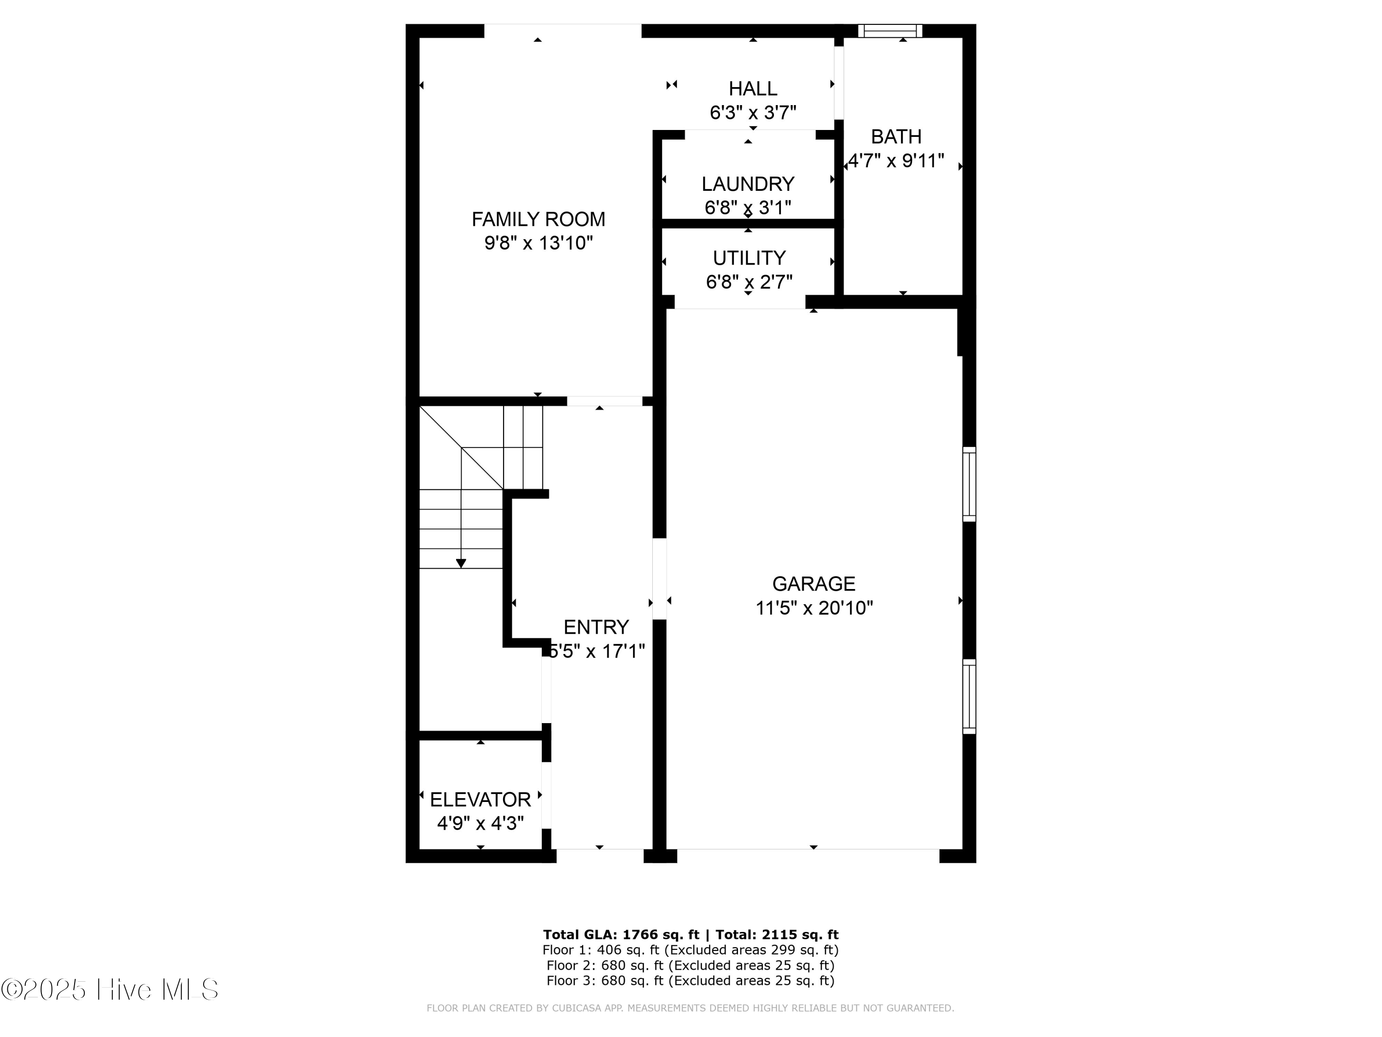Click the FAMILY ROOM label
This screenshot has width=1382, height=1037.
point(538,219)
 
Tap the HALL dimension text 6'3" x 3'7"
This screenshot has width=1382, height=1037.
point(752,113)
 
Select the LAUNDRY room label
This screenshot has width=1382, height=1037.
point(747,184)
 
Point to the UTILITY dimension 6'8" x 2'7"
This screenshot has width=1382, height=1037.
point(749,283)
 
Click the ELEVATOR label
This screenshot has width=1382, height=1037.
point(480,800)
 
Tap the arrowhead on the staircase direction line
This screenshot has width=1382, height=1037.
point(461,564)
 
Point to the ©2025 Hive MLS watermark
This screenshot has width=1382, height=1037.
point(110,989)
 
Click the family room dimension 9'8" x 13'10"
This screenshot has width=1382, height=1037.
point(538,243)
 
